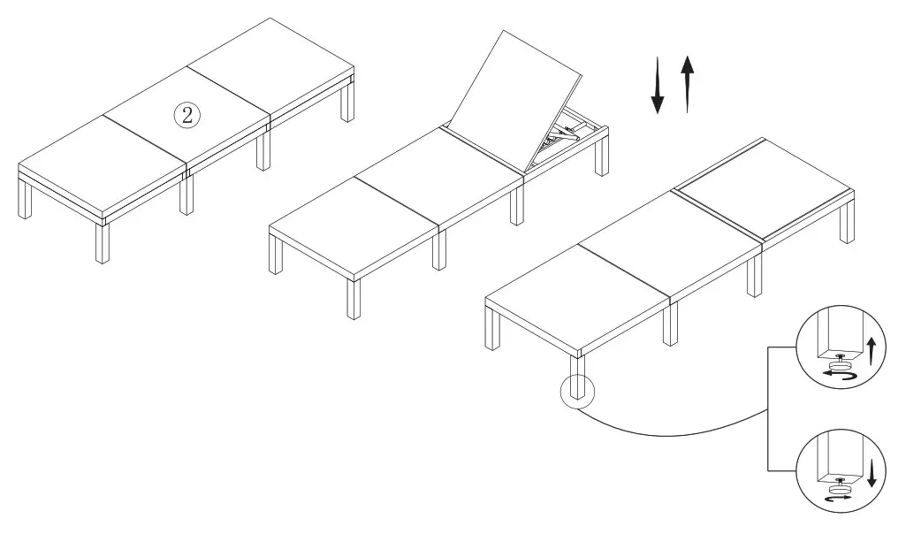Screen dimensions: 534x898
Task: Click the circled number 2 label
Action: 186,114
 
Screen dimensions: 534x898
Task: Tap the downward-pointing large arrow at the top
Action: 658,87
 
